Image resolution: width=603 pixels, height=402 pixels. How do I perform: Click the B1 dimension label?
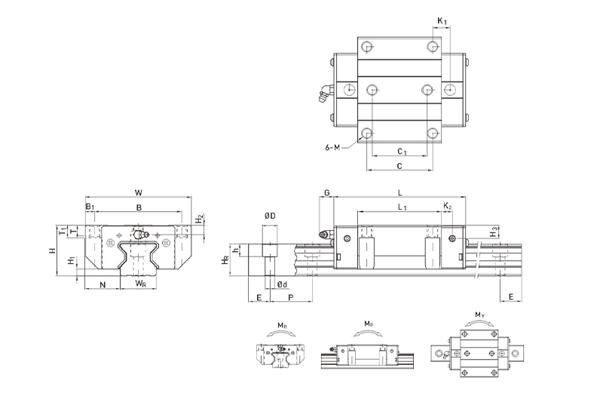coord(89,206)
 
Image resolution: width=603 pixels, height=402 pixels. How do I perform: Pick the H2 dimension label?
coord(200,219)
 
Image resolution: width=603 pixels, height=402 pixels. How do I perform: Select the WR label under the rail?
coord(140,284)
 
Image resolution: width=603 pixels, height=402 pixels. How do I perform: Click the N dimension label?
coord(103,284)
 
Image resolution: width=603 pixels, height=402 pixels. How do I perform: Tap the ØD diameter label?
coord(269,216)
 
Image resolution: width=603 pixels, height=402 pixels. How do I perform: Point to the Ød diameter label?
coord(280,284)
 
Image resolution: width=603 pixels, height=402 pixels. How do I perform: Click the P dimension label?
coord(291,299)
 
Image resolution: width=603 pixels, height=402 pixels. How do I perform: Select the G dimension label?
coord(327,193)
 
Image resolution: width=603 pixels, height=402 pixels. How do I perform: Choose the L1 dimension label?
coord(402,206)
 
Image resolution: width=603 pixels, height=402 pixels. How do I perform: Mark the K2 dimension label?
coord(447,206)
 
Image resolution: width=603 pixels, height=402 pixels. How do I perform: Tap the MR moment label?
coord(280,325)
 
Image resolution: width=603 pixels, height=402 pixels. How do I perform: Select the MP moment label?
coord(368,325)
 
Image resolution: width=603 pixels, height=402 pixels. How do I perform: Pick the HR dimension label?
coord(225,260)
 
